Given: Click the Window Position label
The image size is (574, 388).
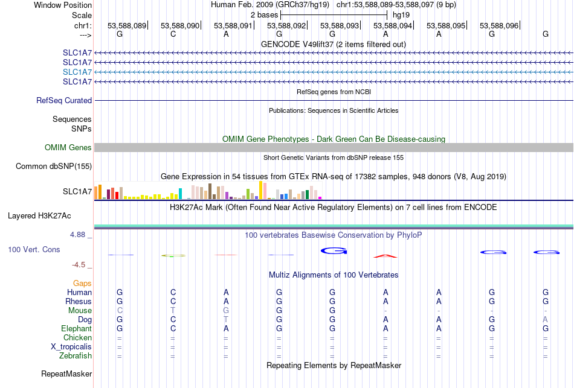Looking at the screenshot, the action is tap(63, 5).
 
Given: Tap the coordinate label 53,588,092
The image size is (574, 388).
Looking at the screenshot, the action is tap(286, 25).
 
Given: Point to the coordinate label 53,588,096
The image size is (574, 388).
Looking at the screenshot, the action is tap(499, 25).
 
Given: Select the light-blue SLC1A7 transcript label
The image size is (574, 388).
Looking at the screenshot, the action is tap(77, 72).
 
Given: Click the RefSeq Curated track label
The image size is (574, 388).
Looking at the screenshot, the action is tap(64, 100).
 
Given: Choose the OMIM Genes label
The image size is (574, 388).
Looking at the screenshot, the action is tap(68, 147).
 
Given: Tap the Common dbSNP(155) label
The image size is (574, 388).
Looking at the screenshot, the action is tap(54, 167).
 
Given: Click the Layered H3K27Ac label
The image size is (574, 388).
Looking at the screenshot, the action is tap(39, 216).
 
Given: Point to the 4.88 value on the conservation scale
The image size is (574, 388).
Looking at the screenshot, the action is tap(77, 234).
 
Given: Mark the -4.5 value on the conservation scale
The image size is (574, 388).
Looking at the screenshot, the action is tap(79, 264).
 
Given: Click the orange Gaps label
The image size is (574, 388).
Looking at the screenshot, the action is tap(82, 284).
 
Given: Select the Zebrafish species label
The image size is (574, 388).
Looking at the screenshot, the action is tap(76, 355).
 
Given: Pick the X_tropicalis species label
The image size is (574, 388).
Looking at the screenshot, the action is tap(71, 347).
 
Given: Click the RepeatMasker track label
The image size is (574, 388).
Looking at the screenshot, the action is tap(66, 374).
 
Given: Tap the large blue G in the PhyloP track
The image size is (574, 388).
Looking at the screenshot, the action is tap(334, 251).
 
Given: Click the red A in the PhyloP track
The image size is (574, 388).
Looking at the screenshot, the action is tap(385, 256).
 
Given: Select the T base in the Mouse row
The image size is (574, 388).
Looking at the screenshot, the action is tap(173, 311).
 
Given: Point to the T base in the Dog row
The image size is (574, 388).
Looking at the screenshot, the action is tap(226, 320).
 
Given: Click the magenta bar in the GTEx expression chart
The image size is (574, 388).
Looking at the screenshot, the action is tap(320, 198).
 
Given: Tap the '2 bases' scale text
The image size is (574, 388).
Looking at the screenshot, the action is tap(264, 15).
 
